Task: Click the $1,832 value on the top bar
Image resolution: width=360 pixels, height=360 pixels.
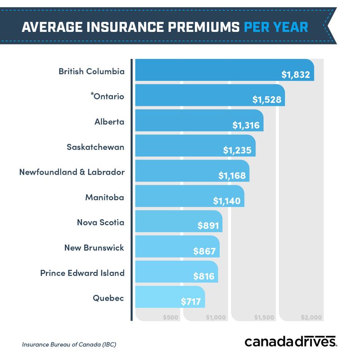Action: point(296,75)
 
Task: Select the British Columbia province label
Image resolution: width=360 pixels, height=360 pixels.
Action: point(91,72)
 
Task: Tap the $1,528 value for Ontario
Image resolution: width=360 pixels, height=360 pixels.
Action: point(267,100)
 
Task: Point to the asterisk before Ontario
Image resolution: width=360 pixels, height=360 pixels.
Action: point(91,95)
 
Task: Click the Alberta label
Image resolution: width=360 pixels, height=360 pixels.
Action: point(109,122)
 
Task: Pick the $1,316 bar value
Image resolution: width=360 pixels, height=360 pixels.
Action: point(246,125)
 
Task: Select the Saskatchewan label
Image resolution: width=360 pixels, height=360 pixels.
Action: point(95,147)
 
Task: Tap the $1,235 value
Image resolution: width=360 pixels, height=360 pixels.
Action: point(237,150)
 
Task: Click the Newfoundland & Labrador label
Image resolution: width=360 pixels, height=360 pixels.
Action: point(72,172)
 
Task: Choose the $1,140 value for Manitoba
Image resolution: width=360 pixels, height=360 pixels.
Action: point(227,201)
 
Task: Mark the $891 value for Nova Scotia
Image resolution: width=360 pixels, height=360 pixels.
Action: point(207,226)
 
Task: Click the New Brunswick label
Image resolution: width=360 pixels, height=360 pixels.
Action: point(94,248)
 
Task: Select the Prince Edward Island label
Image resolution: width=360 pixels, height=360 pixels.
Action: point(82,273)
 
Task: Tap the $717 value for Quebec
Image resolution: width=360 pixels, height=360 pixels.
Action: point(191,301)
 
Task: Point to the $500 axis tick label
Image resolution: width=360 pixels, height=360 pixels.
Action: point(171,317)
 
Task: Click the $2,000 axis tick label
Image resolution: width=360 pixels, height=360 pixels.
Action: point(311,317)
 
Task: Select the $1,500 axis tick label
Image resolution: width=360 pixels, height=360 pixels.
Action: point(264,317)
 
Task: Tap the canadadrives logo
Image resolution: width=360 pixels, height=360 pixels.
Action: point(291,342)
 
